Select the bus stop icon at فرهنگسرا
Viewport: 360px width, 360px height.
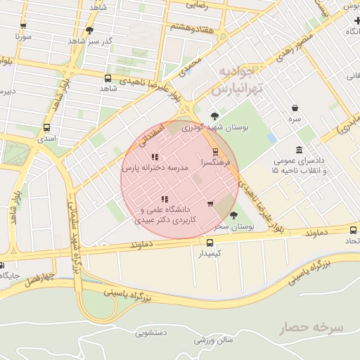click(215, 151)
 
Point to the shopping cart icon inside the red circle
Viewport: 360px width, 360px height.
click(210, 204)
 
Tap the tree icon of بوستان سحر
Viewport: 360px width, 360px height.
click(234, 215)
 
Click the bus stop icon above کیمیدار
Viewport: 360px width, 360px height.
click(210, 243)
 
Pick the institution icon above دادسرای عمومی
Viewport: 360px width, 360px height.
click(300, 150)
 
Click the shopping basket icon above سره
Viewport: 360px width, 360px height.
click(295, 108)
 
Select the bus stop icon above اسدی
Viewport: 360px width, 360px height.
click(46, 128)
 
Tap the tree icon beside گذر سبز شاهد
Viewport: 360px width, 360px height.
click(89, 30)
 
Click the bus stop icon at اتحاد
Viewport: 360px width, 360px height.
click(353, 230)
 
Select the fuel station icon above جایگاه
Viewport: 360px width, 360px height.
click(1, 265)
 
